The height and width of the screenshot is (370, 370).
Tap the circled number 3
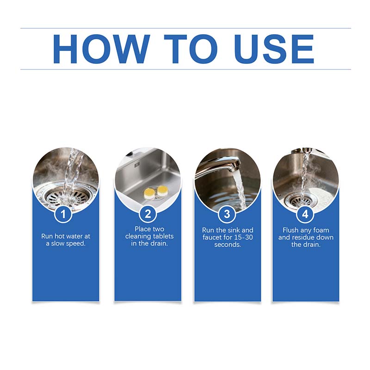pos(227,214)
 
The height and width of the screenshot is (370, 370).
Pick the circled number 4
pos(305,214)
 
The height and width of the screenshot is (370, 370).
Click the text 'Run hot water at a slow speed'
pos(66,240)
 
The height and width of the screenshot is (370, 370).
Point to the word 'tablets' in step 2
pos(161,236)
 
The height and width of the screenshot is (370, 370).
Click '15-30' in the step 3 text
pos(244,237)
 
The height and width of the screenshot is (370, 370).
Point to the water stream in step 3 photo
pos(240,190)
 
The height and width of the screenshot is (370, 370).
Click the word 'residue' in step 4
pos(311,237)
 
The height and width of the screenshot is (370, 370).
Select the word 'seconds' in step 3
pos(227,245)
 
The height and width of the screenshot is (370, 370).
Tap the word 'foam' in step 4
pos(320,230)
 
